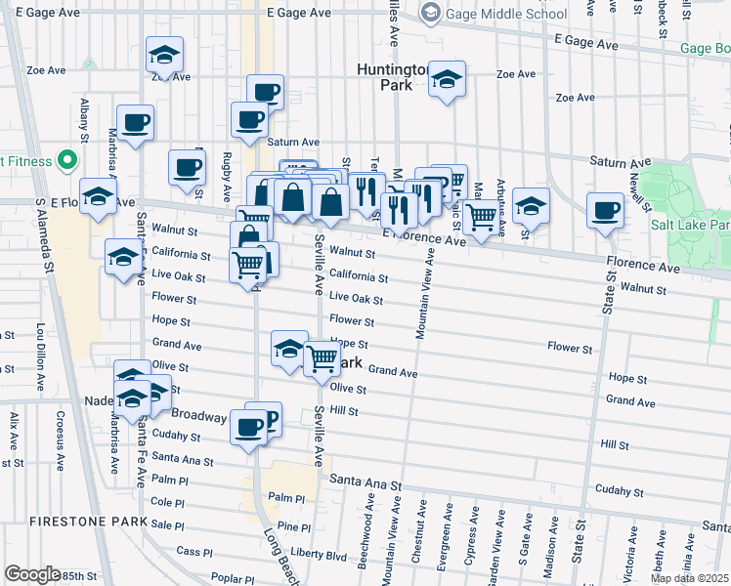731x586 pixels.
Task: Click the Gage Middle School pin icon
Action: click(428, 13)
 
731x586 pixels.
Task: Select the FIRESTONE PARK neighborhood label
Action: click(74, 522)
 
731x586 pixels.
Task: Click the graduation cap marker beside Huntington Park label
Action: click(448, 80)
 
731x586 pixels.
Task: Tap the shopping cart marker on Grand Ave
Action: click(322, 358)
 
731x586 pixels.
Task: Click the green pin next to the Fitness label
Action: click(66, 159)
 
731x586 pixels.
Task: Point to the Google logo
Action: click(32, 573)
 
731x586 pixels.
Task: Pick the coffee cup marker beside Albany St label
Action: click(135, 124)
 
